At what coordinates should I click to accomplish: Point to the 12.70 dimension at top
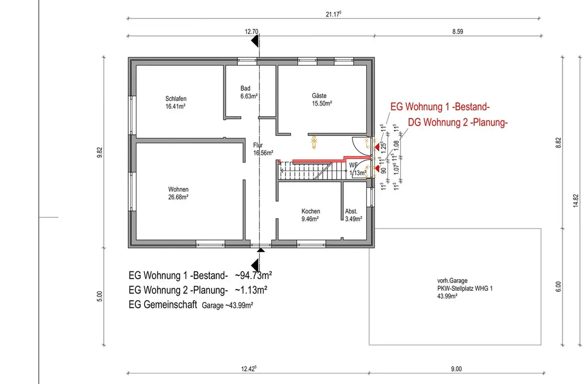click(x=251, y=32)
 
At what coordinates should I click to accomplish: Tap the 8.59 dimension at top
click(x=458, y=32)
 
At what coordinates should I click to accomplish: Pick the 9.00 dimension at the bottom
click(x=456, y=369)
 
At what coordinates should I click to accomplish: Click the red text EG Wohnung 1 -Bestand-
click(x=439, y=107)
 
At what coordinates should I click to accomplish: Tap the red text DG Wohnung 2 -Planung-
click(x=457, y=123)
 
